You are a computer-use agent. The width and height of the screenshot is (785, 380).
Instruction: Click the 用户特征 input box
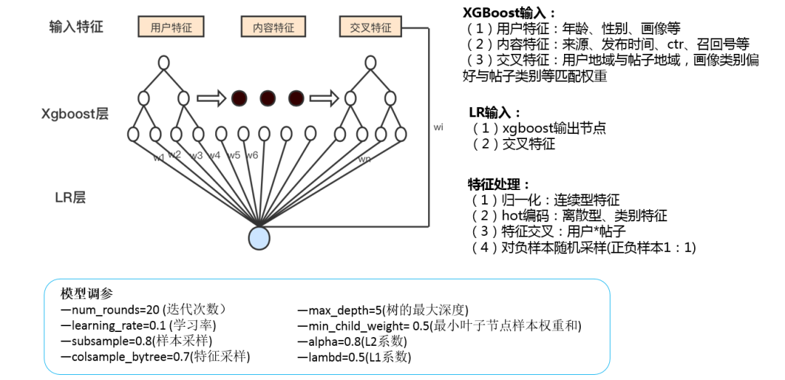(171, 28)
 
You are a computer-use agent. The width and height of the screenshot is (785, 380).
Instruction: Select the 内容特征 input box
(273, 28)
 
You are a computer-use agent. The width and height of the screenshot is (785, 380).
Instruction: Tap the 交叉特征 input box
(370, 28)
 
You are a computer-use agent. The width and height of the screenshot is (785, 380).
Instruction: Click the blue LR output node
(259, 237)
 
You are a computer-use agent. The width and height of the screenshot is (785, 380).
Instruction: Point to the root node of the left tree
(164, 63)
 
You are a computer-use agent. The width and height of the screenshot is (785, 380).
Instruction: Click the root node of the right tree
(371, 63)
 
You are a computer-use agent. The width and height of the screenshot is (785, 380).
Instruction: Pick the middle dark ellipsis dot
(267, 98)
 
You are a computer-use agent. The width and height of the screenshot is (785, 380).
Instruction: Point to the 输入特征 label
(76, 27)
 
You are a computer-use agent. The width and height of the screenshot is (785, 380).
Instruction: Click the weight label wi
(438, 127)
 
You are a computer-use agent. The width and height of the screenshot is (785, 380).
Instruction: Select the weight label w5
(233, 155)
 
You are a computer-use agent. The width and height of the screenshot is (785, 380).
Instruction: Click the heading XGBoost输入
(509, 12)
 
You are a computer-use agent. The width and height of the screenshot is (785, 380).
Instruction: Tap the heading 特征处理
(499, 183)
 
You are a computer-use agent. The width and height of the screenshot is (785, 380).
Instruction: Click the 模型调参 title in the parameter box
(87, 293)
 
